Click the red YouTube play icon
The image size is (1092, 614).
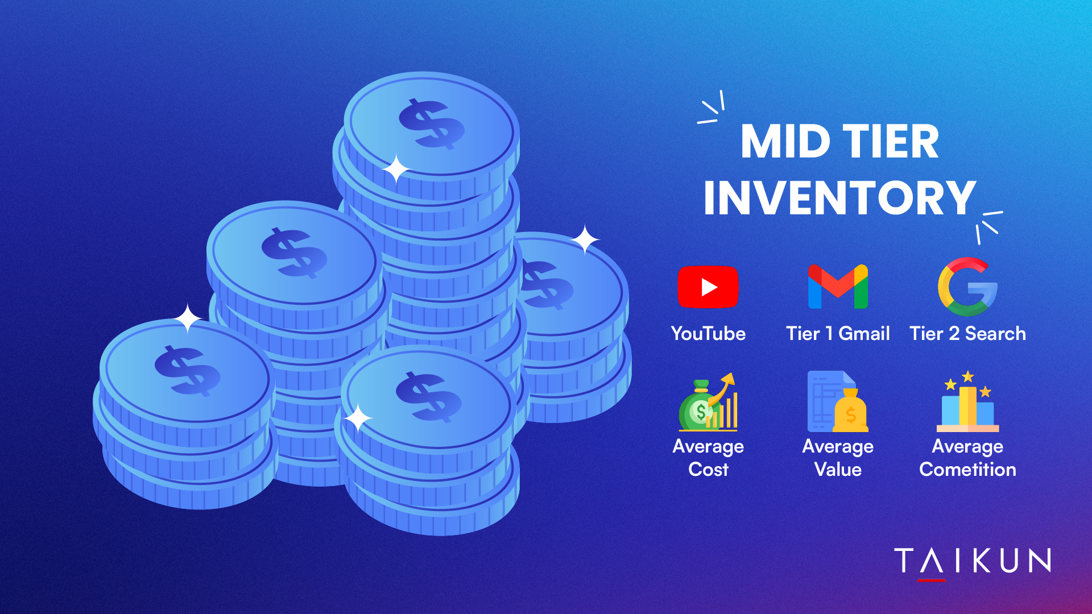[708, 287]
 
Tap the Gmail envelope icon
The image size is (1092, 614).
[838, 287]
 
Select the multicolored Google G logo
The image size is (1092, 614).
[967, 287]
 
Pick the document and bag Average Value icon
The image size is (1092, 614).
[838, 401]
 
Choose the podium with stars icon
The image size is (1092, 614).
[967, 401]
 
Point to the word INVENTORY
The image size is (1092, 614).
[839, 198]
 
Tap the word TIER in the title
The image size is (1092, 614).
[891, 142]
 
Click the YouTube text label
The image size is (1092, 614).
[708, 333]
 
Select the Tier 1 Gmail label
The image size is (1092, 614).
[838, 333]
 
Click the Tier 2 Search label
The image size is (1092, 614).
[967, 333]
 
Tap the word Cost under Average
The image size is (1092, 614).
[708, 469]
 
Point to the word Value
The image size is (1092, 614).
[838, 469]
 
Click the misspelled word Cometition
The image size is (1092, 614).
[967, 469]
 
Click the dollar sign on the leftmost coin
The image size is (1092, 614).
[187, 371]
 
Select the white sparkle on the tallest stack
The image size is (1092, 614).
[396, 169]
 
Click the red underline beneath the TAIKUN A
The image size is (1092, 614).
[932, 580]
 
